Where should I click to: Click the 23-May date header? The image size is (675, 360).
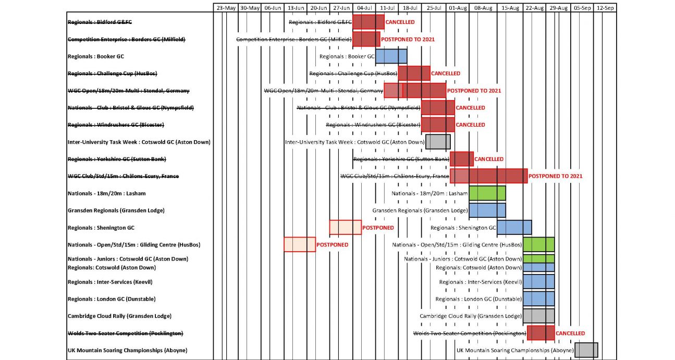coord(226,8)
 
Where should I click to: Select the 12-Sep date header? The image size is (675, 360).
coord(605,8)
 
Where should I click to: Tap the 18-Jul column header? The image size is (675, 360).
coord(410,8)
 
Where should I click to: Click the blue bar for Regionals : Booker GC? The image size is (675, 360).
coord(391,56)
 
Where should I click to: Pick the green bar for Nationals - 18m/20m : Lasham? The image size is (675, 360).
coord(487,193)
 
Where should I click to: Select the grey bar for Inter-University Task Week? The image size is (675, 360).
coord(438,142)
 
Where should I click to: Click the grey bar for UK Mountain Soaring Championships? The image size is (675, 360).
coord(586,350)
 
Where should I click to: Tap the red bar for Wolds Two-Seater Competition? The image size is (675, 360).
coord(541,333)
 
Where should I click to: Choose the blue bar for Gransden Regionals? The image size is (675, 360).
coord(487,210)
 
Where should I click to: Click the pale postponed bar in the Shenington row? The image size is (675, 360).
coord(345,228)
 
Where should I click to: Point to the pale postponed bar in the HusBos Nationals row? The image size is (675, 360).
coord(300,244)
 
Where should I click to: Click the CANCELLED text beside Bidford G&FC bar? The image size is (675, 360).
coord(400,22)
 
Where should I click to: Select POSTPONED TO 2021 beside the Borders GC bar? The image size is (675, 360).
coord(408,40)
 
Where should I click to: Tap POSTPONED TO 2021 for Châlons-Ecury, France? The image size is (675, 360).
coord(555,176)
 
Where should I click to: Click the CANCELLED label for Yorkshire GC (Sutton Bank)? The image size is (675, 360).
coord(489,159)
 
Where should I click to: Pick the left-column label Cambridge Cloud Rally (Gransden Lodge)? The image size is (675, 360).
coord(119,316)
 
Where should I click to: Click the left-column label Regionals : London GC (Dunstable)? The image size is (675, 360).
coord(112,299)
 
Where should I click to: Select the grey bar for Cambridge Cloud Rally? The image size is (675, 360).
coord(538,316)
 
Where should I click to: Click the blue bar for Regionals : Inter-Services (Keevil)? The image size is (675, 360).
coord(538,282)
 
